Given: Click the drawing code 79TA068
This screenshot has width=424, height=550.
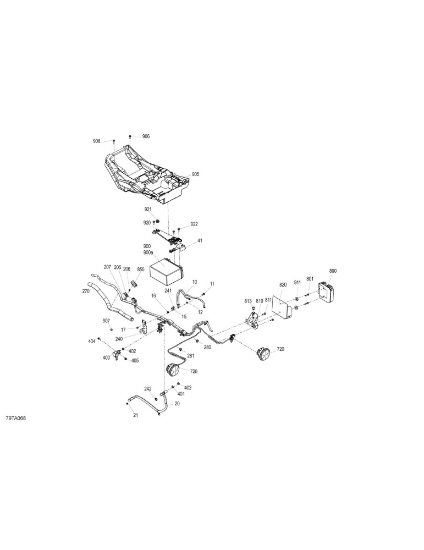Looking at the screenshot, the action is pyautogui.click(x=16, y=419).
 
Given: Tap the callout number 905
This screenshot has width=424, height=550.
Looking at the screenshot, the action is pyautogui.click(x=195, y=174).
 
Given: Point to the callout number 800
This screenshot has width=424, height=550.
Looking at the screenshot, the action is pyautogui.click(x=333, y=271).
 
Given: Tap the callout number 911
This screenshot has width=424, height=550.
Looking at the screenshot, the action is pyautogui.click(x=298, y=282).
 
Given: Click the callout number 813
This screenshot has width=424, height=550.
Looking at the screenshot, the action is pyautogui.click(x=249, y=301).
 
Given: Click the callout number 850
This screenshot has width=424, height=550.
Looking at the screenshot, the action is pyautogui.click(x=140, y=269).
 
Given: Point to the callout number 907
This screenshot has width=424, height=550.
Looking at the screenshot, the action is pyautogui.click(x=106, y=321).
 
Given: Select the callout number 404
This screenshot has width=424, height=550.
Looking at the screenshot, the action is pyautogui.click(x=92, y=341).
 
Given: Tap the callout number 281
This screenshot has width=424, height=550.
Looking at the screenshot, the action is pyautogui.click(x=190, y=356).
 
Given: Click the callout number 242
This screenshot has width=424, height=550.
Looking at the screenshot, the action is pyautogui.click(x=147, y=389).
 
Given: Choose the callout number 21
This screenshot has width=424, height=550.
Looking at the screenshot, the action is pyautogui.click(x=135, y=415).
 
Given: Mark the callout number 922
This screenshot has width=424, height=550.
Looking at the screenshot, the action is pyautogui.click(x=194, y=224).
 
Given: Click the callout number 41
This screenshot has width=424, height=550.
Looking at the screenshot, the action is pyautogui.click(x=200, y=241).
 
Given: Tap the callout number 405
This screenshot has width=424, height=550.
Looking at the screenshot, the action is pyautogui.click(x=135, y=360).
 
